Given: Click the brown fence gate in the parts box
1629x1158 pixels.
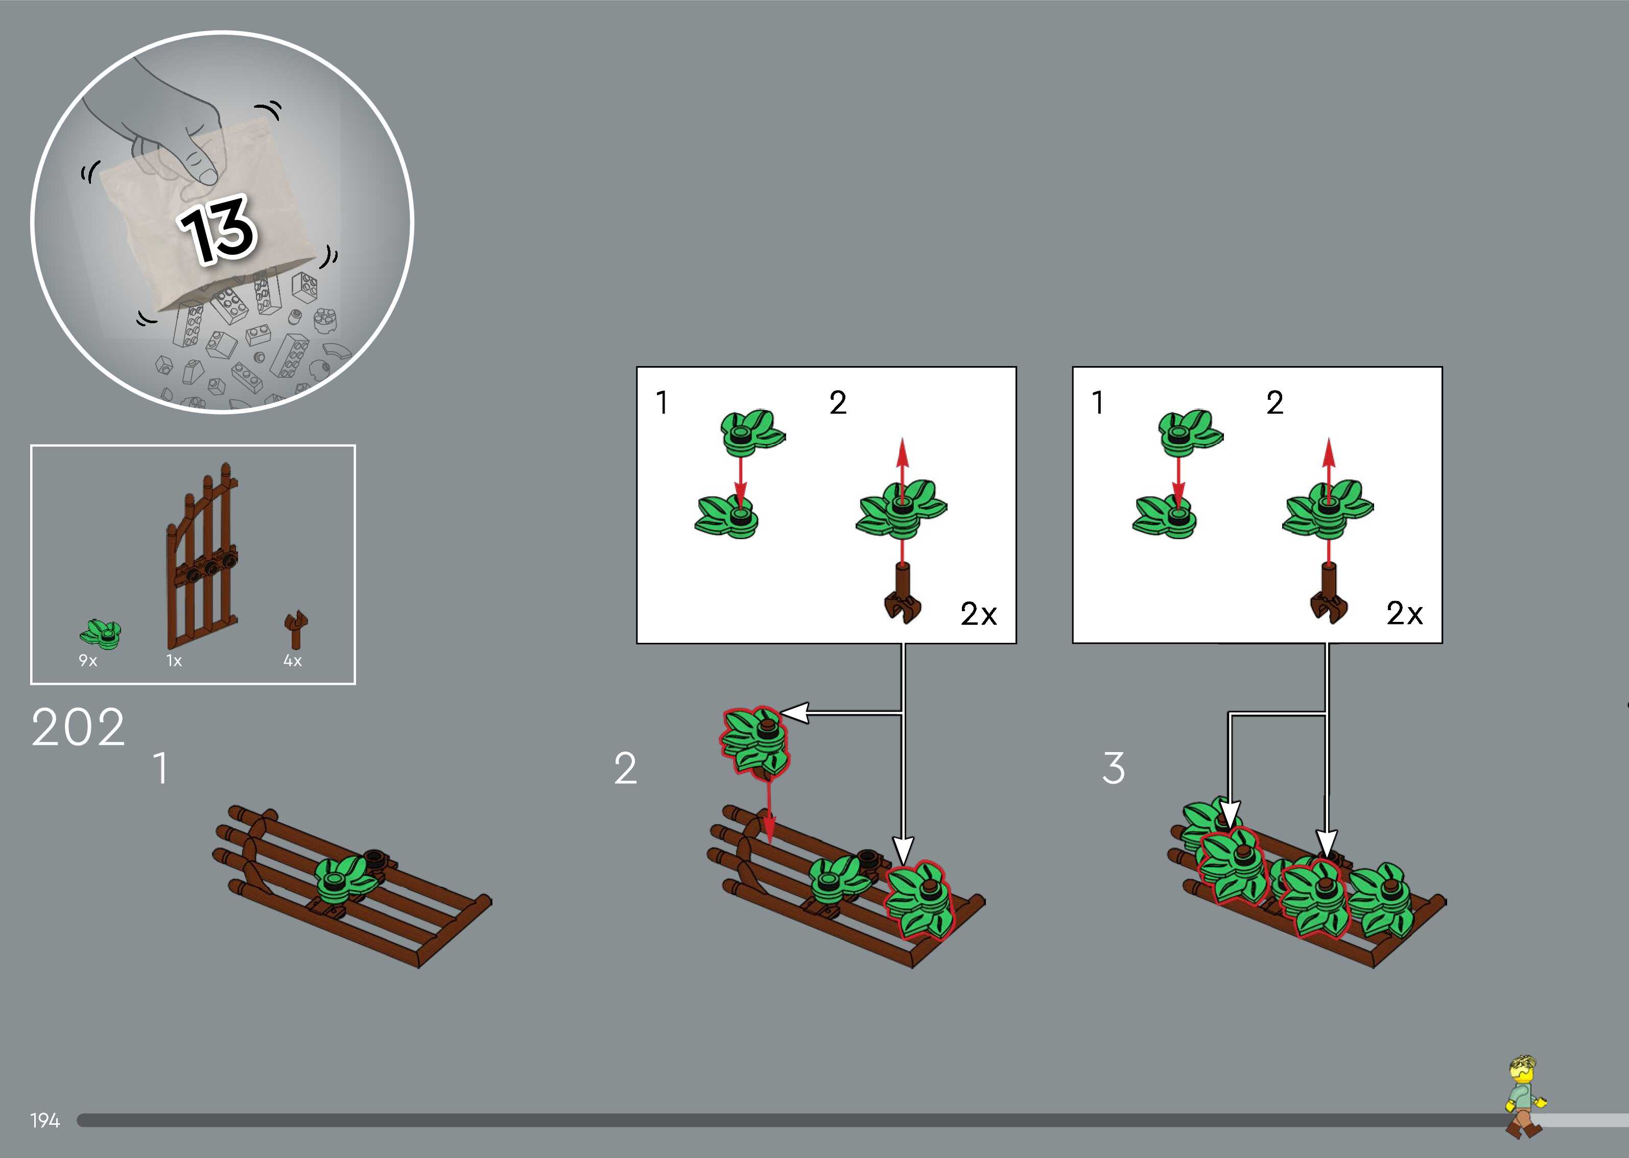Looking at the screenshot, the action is click(202, 556).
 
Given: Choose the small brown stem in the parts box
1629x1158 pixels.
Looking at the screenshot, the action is click(295, 629).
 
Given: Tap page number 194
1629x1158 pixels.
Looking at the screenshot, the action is click(45, 1121).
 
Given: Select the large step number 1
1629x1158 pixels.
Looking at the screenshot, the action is click(162, 768).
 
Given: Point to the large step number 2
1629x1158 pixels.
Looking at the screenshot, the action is click(625, 768).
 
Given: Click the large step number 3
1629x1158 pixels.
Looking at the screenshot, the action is click(1114, 768).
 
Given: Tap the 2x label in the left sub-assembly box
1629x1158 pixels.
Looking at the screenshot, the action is click(979, 614).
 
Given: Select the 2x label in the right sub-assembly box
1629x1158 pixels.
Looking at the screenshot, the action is click(1404, 613).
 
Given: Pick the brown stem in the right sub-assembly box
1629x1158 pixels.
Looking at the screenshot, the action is click(1329, 593).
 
